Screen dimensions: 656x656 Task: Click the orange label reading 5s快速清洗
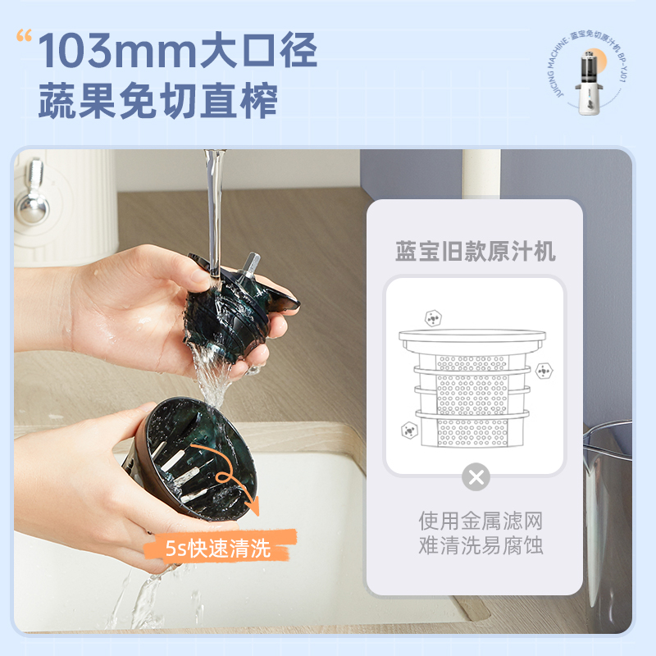click(217, 548)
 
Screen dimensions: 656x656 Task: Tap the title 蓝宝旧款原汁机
click(476, 251)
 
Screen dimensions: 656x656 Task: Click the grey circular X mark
click(476, 477)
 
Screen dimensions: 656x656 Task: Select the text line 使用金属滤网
click(476, 521)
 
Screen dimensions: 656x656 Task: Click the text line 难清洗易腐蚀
click(476, 546)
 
